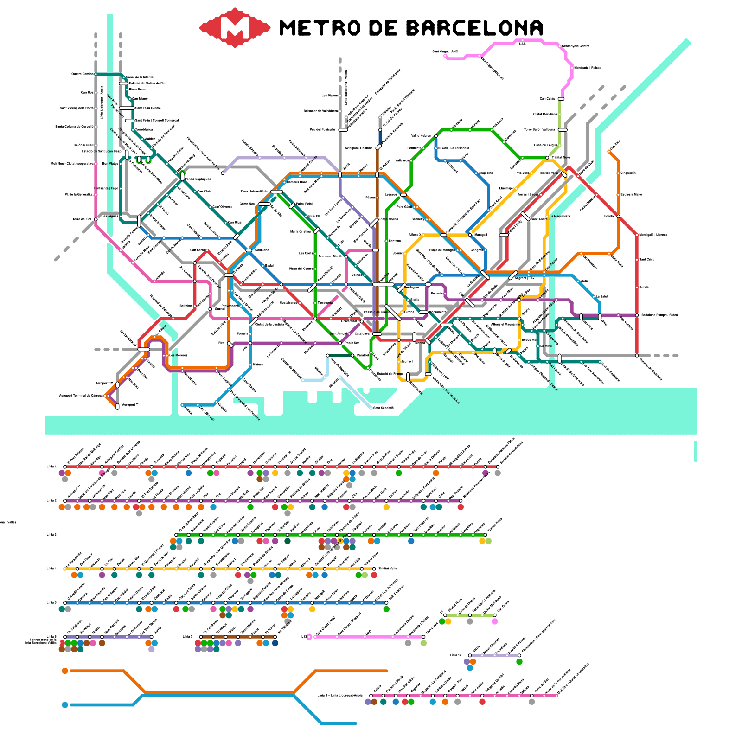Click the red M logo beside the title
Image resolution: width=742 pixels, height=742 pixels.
[235, 27]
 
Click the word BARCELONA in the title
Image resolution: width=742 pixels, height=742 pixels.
[474, 28]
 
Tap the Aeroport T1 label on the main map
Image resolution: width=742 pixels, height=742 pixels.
[130, 405]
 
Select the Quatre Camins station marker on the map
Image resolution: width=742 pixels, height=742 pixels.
[96, 74]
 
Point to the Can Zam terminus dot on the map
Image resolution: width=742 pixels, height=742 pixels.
[609, 151]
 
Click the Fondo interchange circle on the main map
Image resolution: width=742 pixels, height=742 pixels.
[618, 216]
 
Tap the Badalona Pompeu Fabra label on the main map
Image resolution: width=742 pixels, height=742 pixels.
[659, 315]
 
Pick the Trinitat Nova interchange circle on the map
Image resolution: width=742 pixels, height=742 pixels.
[547, 158]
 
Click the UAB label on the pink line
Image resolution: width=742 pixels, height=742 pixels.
[522, 44]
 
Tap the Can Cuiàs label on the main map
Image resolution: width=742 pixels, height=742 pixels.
[547, 99]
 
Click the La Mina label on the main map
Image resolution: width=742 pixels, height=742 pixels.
[546, 346]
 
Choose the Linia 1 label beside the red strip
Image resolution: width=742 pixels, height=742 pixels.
[51, 467]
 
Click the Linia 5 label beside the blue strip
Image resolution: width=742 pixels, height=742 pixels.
[51, 602]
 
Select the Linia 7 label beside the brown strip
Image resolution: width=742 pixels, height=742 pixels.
[187, 636]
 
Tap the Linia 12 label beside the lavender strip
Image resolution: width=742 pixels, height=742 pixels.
[455, 655]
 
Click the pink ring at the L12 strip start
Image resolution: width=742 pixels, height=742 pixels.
[309, 637]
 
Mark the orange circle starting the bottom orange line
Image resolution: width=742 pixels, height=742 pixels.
[65, 671]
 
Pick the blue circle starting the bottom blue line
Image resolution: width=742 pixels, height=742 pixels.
[65, 705]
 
